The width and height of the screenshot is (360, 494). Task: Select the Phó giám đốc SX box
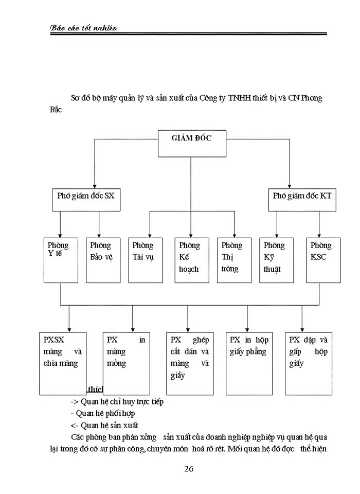[86, 199]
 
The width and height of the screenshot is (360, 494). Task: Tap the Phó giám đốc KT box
[302, 199]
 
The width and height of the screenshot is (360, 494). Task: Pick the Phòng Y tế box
[61, 260]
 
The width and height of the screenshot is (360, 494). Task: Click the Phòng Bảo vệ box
[103, 260]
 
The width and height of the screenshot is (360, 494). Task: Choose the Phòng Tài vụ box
[146, 260]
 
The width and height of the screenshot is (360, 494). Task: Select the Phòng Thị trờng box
[234, 260]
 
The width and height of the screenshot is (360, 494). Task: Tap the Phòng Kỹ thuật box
[276, 260]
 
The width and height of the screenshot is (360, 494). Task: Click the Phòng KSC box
[323, 260]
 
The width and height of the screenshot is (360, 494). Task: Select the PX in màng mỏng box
[127, 363]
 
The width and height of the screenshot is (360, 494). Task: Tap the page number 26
[188, 468]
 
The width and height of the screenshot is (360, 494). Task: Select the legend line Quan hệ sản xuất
[104, 425]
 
